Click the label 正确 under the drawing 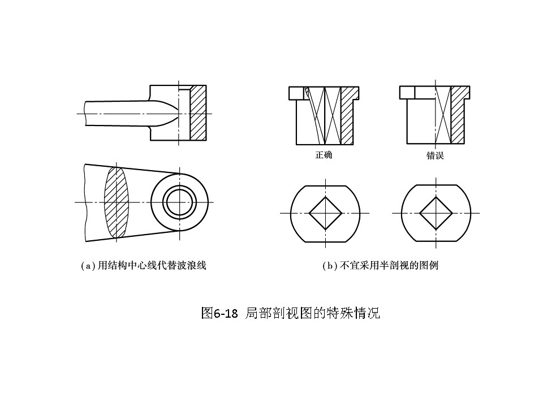(324, 155)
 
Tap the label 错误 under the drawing (435, 155)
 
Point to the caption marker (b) (330, 265)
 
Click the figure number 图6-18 (220, 313)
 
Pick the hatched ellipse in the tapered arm (117, 202)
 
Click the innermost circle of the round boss (179, 202)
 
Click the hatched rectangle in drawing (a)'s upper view (198, 113)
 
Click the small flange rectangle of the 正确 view (296, 92)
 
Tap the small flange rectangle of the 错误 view (407, 92)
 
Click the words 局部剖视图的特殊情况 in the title (312, 313)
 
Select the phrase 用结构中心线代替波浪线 (152, 265)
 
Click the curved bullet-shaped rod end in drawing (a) (164, 113)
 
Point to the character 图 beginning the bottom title (206, 313)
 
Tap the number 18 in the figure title (230, 313)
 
